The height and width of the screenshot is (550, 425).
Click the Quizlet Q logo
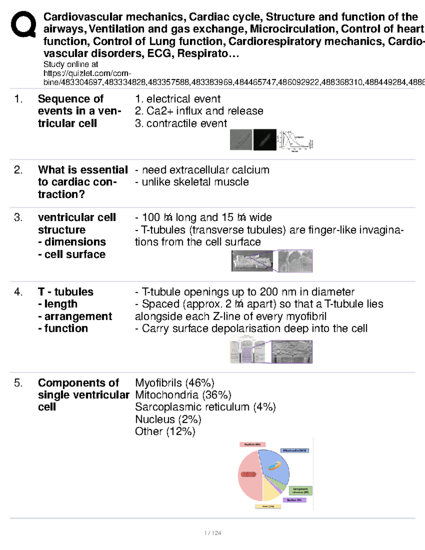(23, 24)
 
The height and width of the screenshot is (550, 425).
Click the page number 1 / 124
(212, 533)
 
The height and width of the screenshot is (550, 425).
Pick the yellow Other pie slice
(271, 491)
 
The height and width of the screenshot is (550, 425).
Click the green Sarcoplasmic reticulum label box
(300, 491)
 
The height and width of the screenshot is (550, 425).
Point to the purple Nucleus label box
(294, 500)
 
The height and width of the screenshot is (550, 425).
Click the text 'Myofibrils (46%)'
(175, 383)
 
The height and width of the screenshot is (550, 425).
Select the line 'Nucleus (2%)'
(168, 419)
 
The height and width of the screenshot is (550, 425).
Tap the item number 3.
(18, 217)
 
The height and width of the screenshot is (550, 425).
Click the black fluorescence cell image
(265, 140)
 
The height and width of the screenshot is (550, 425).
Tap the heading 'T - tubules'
(66, 292)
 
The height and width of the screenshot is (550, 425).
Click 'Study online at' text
(70, 64)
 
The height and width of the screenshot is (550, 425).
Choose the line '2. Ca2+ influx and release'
(199, 111)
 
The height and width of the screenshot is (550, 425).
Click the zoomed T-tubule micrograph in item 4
(292, 352)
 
